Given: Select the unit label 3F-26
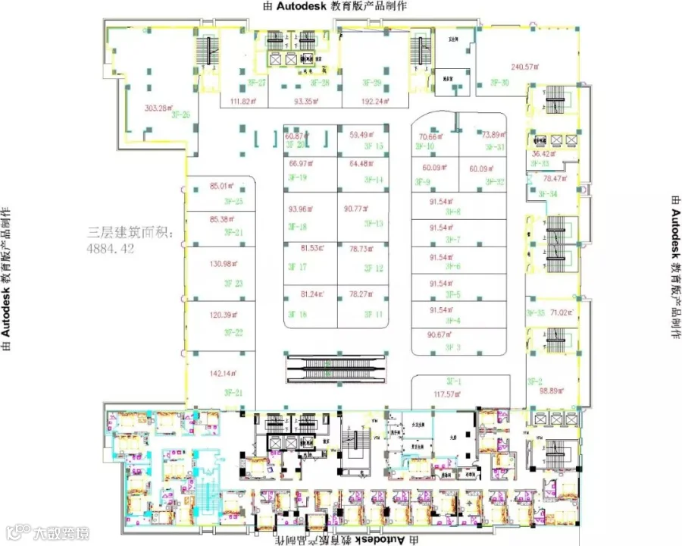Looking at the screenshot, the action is (x=180, y=115).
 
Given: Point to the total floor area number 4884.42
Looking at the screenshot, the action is (x=111, y=248).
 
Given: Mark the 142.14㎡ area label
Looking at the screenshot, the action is (x=224, y=373).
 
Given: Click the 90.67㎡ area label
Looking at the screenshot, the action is (x=441, y=334).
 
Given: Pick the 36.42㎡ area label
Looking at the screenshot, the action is (x=546, y=153).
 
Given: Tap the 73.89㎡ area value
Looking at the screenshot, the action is (x=493, y=134).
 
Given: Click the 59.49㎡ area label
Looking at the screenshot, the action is (x=362, y=135).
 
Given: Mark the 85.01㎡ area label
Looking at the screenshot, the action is (x=224, y=185).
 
